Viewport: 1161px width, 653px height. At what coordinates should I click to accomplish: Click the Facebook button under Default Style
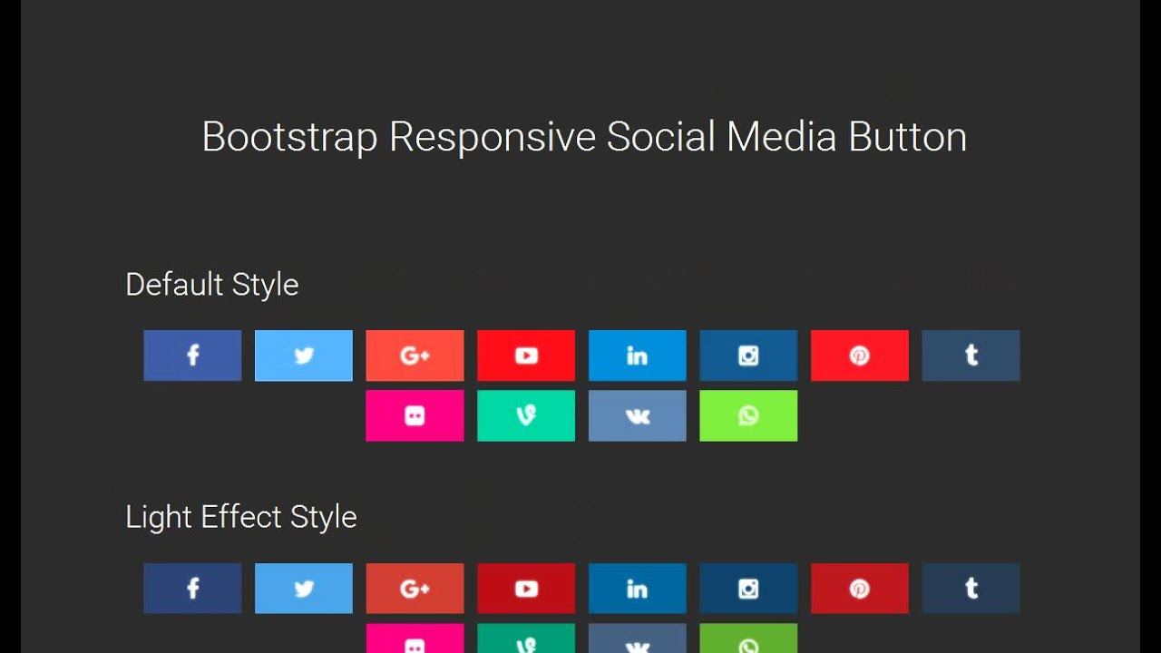pos(192,356)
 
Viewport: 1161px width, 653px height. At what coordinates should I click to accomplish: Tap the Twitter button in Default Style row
pos(304,356)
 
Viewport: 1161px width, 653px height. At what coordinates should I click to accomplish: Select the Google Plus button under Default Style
pos(415,356)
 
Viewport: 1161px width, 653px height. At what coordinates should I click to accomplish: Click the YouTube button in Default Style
pos(526,356)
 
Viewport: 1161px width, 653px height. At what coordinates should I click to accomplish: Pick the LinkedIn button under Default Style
pos(638,356)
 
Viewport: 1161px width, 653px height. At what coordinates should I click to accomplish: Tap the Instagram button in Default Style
pos(748,356)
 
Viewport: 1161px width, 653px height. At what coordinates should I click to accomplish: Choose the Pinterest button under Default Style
pos(860,356)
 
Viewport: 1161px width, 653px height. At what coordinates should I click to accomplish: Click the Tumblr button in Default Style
pos(971,356)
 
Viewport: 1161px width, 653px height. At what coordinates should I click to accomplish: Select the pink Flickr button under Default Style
pos(415,415)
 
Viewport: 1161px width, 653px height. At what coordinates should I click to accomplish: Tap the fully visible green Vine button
pos(526,415)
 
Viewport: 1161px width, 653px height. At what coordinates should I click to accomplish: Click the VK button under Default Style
pos(638,415)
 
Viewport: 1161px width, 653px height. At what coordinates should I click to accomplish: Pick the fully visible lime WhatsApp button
pos(748,415)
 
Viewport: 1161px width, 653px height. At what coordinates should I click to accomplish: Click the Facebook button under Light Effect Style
pos(192,589)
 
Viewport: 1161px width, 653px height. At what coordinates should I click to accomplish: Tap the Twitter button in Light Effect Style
pos(304,589)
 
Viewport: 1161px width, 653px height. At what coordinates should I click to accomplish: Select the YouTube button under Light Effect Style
pos(526,589)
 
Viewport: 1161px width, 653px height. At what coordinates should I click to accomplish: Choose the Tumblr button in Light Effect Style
pos(971,589)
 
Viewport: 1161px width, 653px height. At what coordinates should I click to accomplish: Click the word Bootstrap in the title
pos(289,138)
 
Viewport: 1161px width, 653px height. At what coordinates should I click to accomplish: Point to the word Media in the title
pos(781,138)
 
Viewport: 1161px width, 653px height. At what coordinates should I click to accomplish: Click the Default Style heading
pos(212,285)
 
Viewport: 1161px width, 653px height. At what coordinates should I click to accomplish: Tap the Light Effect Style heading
pos(241,517)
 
